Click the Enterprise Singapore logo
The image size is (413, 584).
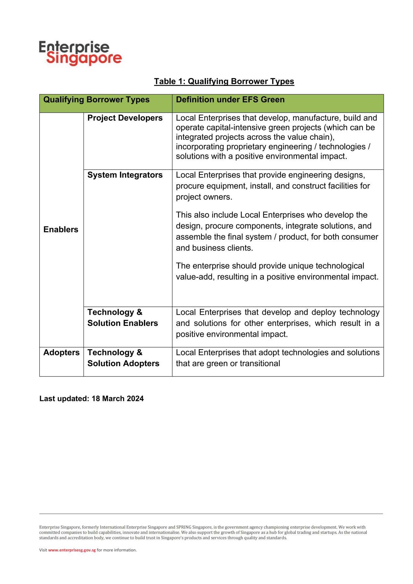click(x=80, y=53)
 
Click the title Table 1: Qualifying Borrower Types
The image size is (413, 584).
click(x=224, y=81)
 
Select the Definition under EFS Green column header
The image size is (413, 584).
click(x=230, y=100)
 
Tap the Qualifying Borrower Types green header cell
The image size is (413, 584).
click(x=96, y=100)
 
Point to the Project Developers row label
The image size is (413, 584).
click(x=125, y=118)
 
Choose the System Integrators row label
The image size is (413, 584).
click(x=125, y=175)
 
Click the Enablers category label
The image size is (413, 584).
click(x=61, y=230)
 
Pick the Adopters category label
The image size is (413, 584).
click(x=62, y=352)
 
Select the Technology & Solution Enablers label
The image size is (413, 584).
click(x=122, y=318)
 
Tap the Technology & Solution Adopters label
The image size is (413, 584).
click(x=123, y=358)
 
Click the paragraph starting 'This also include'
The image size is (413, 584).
click(x=277, y=231)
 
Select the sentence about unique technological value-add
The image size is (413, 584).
click(x=277, y=271)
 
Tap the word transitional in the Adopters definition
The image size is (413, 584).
click(x=260, y=364)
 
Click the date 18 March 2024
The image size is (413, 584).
click(x=117, y=399)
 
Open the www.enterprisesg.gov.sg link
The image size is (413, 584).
click(x=72, y=550)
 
